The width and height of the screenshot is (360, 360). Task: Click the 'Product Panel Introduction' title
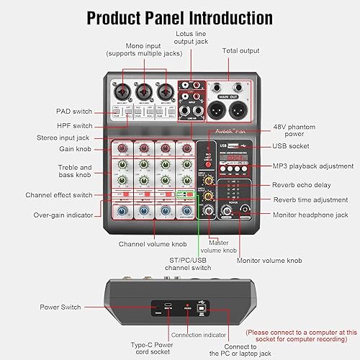180,17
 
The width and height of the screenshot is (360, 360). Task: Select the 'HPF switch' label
76,123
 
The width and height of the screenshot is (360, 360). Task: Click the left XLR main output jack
219,109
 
